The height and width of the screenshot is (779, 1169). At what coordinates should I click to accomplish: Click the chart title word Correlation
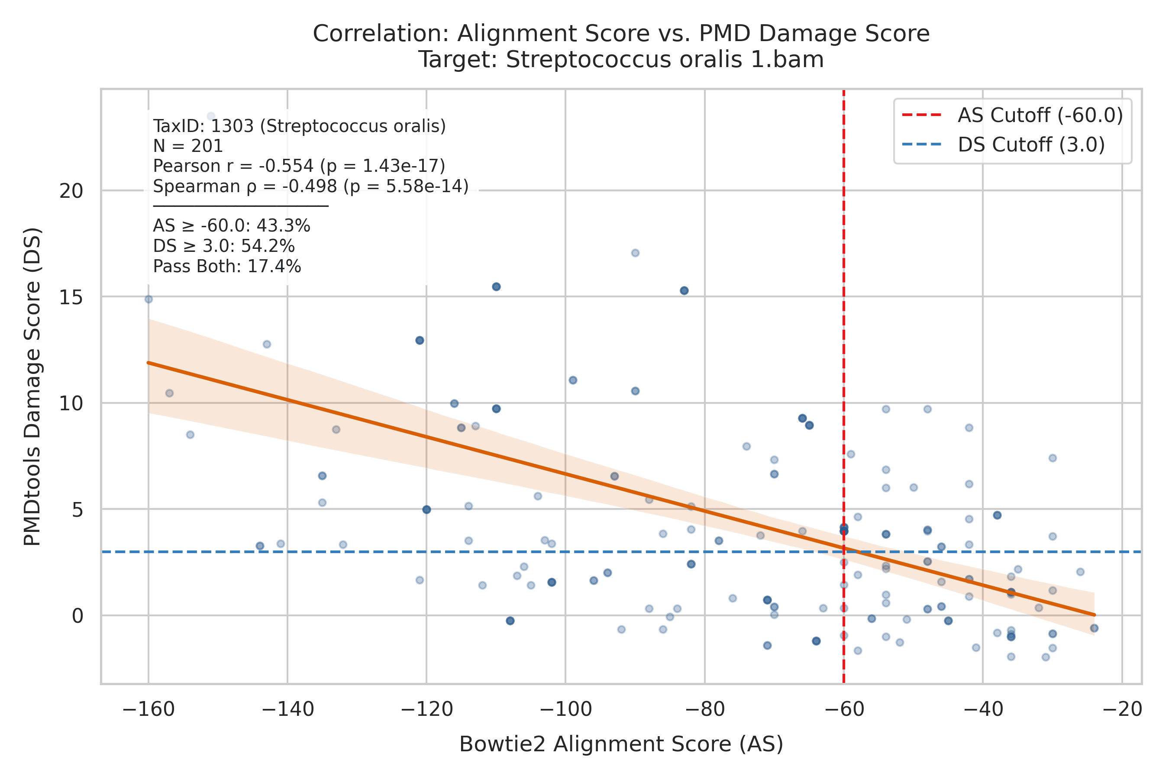pos(381,34)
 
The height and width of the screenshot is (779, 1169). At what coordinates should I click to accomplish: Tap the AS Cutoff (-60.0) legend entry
pos(1012,115)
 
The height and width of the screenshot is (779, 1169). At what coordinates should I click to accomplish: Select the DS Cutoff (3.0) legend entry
pos(1004,145)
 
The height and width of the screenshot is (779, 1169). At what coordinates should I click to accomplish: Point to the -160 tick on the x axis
pos(149,709)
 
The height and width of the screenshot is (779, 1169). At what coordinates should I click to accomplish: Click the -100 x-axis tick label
pos(565,709)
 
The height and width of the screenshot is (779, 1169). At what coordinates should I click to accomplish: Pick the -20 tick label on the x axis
pos(1122,709)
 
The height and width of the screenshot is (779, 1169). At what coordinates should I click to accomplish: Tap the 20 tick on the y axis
pos(71,191)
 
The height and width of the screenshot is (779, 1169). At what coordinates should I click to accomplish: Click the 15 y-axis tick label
pos(71,297)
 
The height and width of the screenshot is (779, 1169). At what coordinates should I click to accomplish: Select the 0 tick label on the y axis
pos(78,616)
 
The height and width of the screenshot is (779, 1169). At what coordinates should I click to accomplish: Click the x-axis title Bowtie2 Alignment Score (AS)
pos(621,744)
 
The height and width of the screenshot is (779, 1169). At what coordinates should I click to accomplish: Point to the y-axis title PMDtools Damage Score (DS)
pos(33,386)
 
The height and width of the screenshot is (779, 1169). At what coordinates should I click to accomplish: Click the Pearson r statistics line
pos(299,166)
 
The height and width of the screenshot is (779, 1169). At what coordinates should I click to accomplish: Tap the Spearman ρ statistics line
pos(310,186)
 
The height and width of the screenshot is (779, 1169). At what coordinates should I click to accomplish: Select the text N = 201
pos(188,146)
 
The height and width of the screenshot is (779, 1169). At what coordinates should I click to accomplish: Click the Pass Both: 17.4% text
pos(227,267)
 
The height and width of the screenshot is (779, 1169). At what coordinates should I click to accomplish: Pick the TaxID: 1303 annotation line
pos(299,126)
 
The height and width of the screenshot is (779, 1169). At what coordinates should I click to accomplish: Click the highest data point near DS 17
pos(635,253)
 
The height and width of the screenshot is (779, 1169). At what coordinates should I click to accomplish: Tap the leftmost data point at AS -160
pos(149,299)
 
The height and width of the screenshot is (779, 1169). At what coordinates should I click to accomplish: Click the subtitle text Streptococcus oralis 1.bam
pos(665,60)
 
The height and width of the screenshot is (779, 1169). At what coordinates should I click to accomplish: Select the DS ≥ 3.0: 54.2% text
pos(224,246)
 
